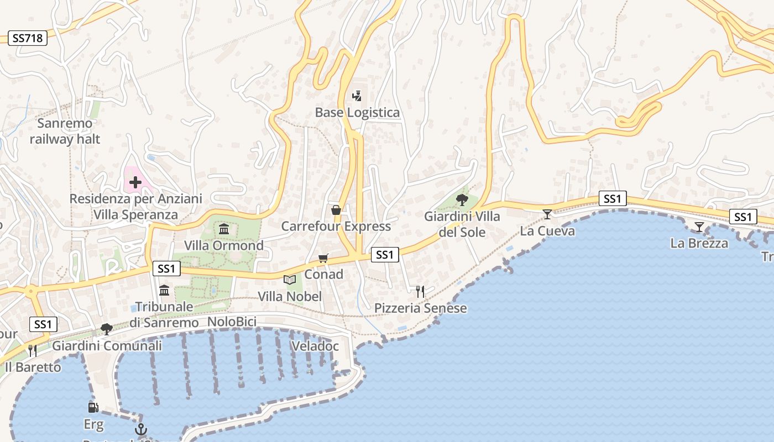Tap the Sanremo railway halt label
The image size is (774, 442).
click(65, 131)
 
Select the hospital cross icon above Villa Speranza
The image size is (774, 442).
click(135, 182)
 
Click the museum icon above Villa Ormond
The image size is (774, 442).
click(224, 229)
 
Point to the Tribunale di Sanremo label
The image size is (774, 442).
click(164, 314)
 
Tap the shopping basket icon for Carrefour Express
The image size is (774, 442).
click(336, 210)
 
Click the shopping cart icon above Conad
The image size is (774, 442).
click(323, 258)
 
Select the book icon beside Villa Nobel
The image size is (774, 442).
click(290, 280)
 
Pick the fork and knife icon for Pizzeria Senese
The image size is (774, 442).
click(420, 291)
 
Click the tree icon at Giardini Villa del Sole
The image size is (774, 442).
click(462, 199)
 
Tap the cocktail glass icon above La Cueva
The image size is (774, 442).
click(547, 214)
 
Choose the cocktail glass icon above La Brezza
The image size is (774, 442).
click(699, 226)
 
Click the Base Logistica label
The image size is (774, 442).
click(357, 113)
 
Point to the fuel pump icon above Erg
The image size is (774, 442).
click(93, 408)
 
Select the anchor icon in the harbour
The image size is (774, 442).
click(141, 429)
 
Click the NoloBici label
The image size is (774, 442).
click(232, 322)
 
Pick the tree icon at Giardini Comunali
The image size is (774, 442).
click(107, 329)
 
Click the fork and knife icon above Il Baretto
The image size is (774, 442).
click(33, 350)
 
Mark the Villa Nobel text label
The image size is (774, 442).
click(290, 297)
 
